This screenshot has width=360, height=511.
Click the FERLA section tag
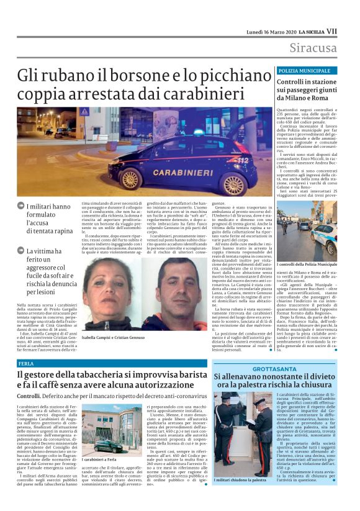(27, 363)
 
